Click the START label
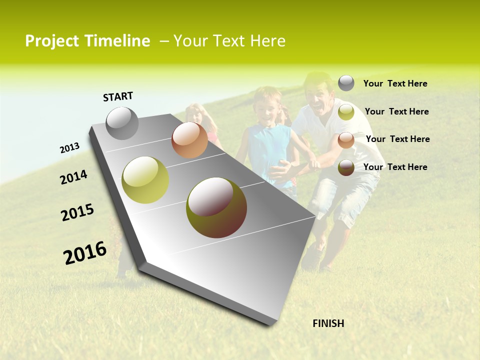click(118, 96)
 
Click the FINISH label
click(328, 323)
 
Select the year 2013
click(69, 148)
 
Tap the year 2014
click(73, 177)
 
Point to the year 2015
click(77, 212)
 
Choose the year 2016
click(85, 253)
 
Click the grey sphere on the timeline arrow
click(122, 123)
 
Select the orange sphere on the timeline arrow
click(189, 140)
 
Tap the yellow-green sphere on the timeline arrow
click(145, 180)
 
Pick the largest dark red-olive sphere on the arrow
click(216, 207)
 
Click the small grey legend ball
click(346, 83)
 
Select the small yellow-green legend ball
click(346, 112)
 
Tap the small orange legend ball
click(346, 140)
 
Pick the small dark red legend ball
click(346, 167)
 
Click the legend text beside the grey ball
click(395, 84)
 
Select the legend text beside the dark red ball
click(395, 167)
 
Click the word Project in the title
click(52, 41)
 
